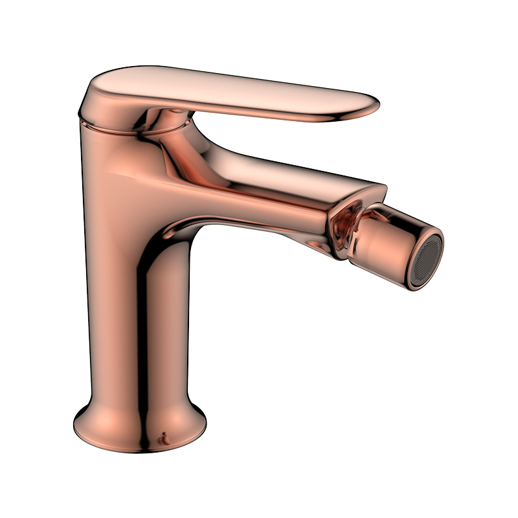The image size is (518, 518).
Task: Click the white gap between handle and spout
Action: [272, 139]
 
